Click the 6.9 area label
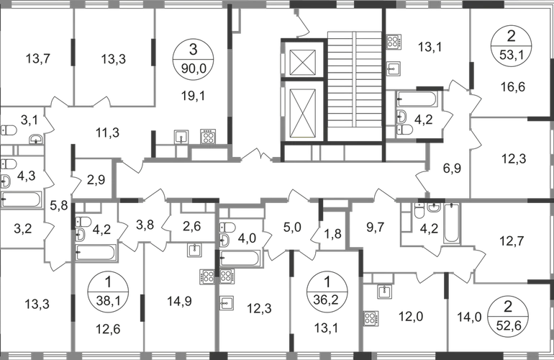tap(452, 171)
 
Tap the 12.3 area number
tap(253, 310)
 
